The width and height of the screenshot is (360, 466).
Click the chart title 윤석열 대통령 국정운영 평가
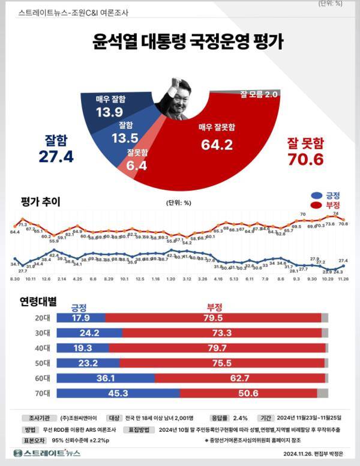[x=188, y=42]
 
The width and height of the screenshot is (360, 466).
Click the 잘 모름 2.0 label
[x=259, y=94]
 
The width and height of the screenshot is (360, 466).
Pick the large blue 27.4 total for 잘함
[x=55, y=156]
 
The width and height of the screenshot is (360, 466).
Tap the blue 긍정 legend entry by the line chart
[x=327, y=196]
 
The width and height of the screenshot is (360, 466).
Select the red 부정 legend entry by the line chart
[x=327, y=205]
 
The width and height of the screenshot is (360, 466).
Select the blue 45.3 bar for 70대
[x=118, y=393]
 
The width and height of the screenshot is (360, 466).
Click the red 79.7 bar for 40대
[x=217, y=348]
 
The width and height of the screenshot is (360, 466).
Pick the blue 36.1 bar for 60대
[x=106, y=378]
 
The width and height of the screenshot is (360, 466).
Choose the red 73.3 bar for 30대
[x=222, y=333]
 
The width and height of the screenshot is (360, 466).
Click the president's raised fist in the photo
[x=176, y=81]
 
